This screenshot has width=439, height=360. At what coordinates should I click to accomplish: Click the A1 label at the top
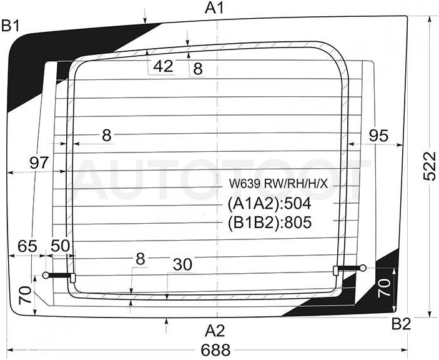(215, 7)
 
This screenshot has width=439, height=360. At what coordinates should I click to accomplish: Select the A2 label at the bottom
(215, 331)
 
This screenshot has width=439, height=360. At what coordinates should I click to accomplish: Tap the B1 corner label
(11, 26)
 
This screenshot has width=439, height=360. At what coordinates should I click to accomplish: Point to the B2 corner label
(401, 324)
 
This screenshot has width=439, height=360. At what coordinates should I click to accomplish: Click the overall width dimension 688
(215, 350)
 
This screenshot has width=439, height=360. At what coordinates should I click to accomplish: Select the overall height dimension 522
(430, 166)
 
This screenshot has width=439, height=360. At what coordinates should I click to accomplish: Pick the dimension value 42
(164, 66)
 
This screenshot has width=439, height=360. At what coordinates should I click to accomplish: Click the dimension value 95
(378, 136)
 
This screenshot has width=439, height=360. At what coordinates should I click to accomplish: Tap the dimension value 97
(39, 162)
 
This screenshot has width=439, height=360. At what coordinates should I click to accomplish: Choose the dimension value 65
(27, 246)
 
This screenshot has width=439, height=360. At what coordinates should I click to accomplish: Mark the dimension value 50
(60, 246)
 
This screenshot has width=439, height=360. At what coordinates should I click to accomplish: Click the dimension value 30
(182, 264)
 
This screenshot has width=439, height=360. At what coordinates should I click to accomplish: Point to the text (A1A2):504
(269, 204)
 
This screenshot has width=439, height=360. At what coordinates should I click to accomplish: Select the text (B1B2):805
(269, 222)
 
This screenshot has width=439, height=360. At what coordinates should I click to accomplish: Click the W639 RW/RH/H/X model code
(279, 184)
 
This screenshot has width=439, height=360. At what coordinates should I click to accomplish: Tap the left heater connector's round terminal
(46, 276)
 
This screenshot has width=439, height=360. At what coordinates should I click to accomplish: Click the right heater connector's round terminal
(363, 268)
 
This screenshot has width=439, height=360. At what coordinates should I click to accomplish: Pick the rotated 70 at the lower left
(25, 295)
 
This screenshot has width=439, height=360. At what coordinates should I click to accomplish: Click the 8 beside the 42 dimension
(198, 69)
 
